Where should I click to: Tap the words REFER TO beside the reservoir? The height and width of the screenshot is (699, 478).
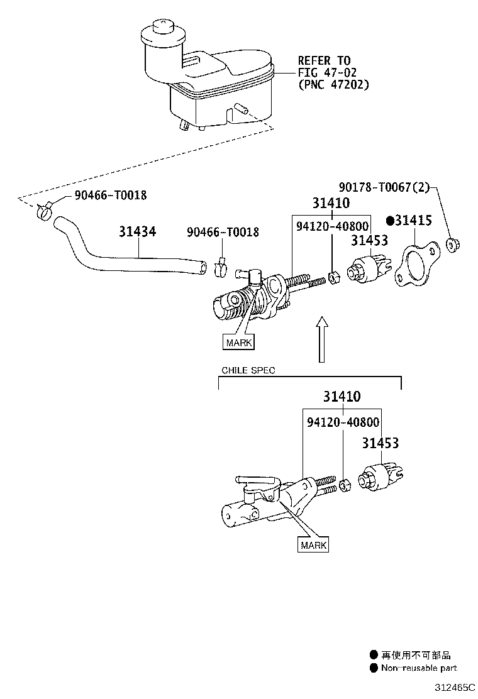323,61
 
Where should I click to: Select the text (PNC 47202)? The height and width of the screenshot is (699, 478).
333,84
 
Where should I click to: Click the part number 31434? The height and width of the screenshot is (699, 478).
137,232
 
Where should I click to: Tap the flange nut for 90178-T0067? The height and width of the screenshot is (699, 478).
452,244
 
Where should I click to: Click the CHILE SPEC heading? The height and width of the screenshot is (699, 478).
248,370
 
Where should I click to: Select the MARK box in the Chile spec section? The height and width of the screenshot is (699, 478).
313,544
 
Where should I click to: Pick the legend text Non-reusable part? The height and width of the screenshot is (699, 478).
418,668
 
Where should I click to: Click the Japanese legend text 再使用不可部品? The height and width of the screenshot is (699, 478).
416,655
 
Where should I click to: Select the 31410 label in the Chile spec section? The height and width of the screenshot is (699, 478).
342,397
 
